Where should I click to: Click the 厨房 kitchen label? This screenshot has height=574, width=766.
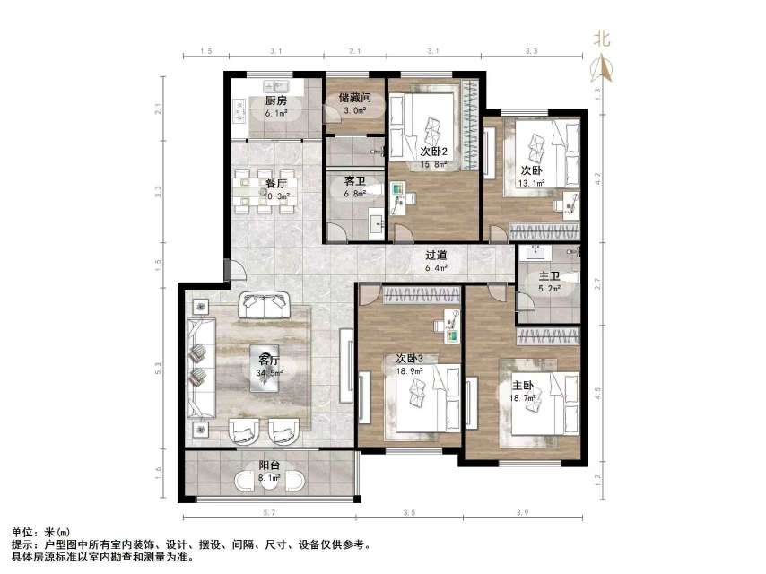pos(275,101)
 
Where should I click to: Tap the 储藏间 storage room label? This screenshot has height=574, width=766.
pos(355,98)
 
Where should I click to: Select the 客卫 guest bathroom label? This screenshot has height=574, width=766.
pos(354,180)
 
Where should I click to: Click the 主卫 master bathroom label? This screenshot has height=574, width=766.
pos(549,276)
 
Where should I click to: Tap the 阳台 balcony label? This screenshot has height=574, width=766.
pos(269,465)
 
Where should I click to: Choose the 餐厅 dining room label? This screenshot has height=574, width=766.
pos(275,183)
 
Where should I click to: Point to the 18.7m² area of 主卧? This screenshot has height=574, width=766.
pos(524,399)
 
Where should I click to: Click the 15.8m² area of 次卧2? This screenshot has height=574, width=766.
pos(433,164)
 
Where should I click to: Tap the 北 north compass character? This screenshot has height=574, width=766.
pos(602,39)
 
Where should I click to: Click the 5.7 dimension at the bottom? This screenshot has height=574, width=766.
pos(266,512)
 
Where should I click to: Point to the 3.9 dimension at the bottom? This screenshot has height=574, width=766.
pos(522,512)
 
